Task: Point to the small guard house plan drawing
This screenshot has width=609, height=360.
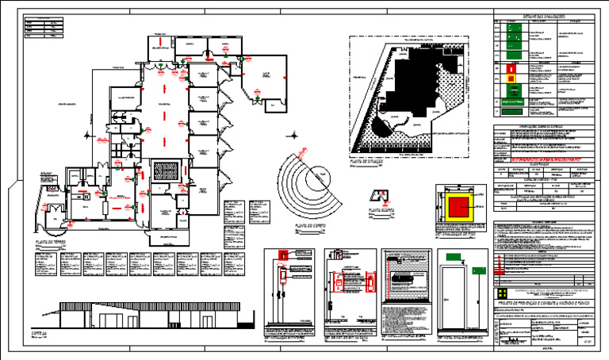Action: [x=382, y=196]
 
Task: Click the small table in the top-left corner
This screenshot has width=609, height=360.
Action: [x=43, y=28]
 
